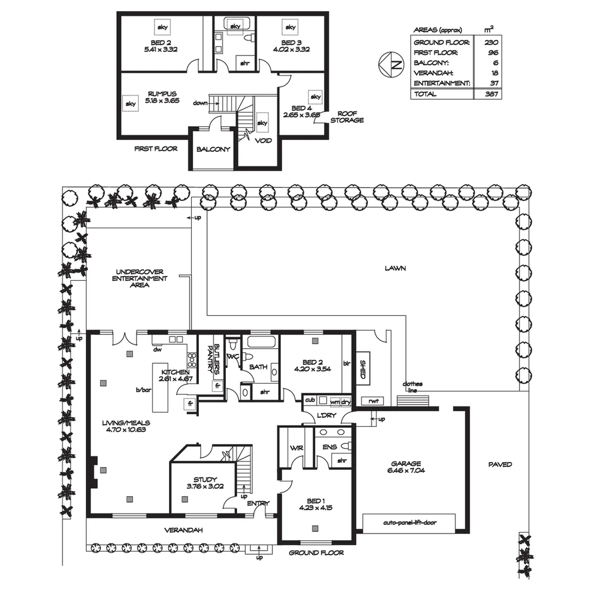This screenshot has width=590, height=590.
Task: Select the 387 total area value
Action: tap(491, 94)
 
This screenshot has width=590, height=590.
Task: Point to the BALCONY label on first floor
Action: tap(214, 149)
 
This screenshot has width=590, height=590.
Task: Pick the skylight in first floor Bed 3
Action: tap(290, 27)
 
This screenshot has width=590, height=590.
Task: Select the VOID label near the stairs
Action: tap(263, 140)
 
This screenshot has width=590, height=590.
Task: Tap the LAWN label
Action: tap(396, 268)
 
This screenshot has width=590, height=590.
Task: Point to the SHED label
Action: tap(362, 369)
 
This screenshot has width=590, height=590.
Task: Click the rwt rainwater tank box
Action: tap(374, 401)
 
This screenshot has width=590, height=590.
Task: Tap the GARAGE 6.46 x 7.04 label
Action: tap(405, 467)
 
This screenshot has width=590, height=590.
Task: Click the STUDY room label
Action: tap(205, 483)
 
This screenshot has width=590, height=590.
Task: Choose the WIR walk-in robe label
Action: tap(297, 448)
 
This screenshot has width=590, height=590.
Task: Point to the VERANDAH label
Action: tap(184, 530)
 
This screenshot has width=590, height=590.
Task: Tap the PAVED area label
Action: tap(500, 464)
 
